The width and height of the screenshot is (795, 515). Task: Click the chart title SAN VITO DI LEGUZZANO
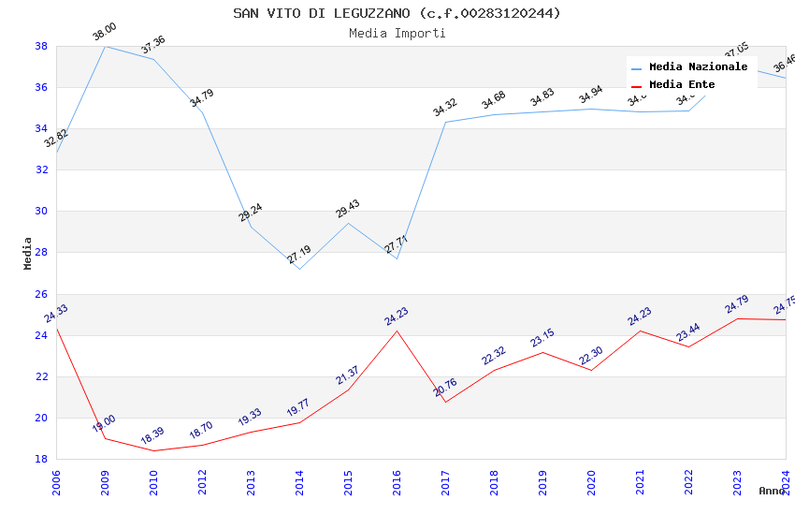tap(397, 13)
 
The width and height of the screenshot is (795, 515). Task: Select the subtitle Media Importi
tap(397, 33)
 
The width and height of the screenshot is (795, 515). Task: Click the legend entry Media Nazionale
tap(698, 67)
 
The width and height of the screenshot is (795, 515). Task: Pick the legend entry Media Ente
tap(682, 85)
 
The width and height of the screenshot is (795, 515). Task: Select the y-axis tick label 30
tap(41, 211)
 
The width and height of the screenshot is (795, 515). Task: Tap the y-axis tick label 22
tap(41, 376)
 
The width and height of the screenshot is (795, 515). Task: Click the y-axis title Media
tap(28, 253)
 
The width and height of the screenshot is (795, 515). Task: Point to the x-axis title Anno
tap(772, 491)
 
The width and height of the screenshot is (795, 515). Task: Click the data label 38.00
tap(104, 35)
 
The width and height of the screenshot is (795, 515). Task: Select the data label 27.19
tap(298, 254)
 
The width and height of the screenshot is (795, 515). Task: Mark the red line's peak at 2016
tap(397, 331)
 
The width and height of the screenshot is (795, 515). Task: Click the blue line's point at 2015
tap(348, 223)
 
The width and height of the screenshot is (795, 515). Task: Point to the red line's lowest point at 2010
tap(153, 450)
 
